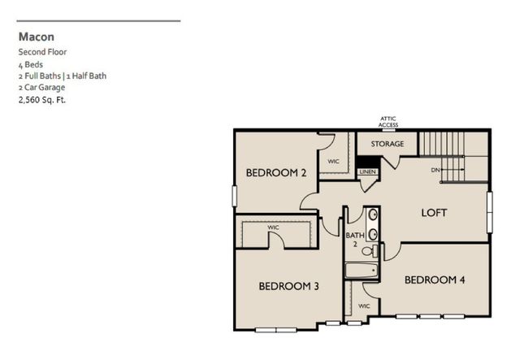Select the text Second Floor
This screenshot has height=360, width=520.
(43, 51)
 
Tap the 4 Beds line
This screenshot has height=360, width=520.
(32, 63)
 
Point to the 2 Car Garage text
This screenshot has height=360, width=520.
(41, 87)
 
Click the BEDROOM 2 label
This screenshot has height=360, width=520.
(275, 172)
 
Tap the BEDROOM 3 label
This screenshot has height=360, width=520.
(288, 286)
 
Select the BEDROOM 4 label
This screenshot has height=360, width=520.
(434, 280)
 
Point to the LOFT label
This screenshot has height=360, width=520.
(434, 213)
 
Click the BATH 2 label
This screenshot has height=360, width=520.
(355, 240)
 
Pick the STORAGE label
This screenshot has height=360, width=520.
(388, 144)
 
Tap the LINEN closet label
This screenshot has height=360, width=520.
(367, 172)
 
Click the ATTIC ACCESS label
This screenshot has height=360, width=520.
(388, 122)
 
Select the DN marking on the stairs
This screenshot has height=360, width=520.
(435, 169)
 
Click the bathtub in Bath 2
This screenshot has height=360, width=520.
(360, 271)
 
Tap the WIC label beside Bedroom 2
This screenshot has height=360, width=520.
(333, 161)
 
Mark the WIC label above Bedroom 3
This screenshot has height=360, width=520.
(274, 228)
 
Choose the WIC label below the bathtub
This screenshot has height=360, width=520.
(364, 306)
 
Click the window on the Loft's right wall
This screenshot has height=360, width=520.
(490, 213)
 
